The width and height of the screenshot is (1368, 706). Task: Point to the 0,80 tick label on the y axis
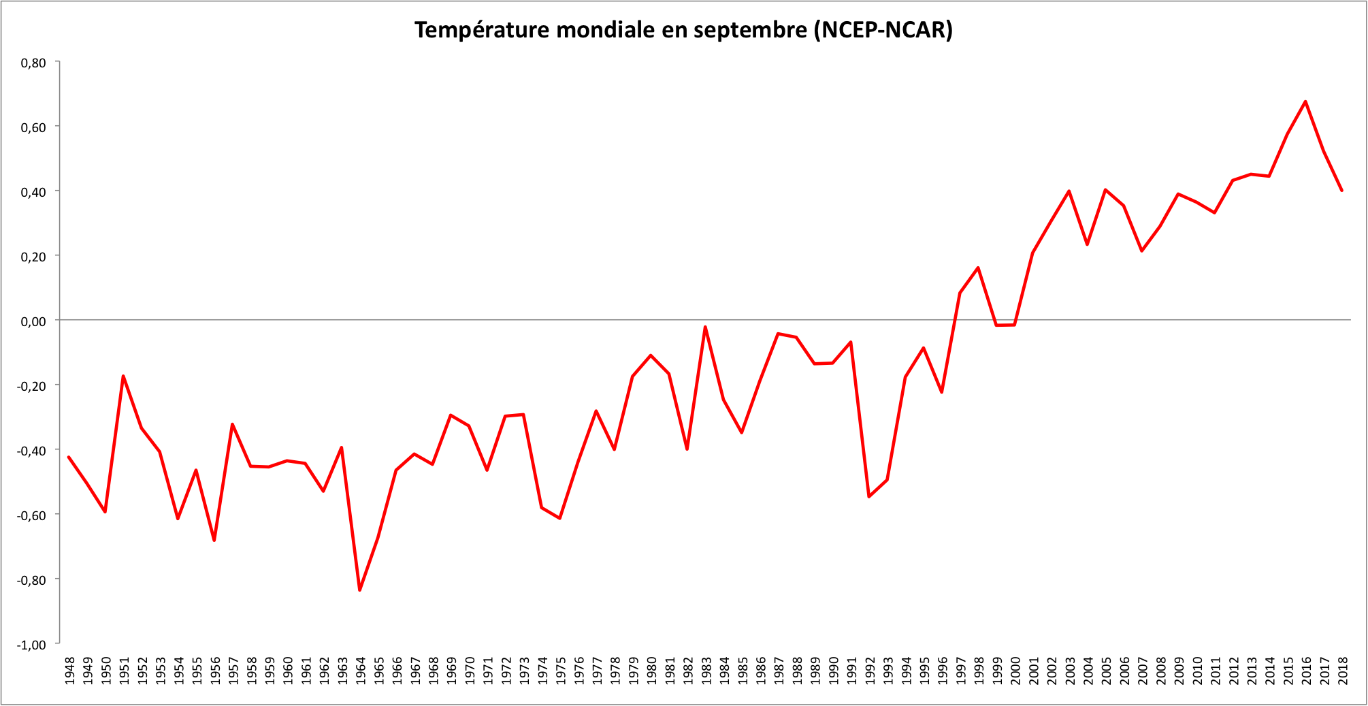(33, 63)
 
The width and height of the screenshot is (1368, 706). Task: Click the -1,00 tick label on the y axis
(32, 644)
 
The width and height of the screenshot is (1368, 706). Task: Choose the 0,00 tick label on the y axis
(33, 321)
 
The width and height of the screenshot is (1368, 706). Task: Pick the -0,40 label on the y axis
(32, 451)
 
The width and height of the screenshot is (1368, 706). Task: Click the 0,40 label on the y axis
(33, 192)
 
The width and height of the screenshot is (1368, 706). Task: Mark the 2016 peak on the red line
(1305, 101)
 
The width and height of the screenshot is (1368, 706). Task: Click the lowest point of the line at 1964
(359, 590)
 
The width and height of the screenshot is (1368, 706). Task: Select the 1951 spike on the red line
(123, 376)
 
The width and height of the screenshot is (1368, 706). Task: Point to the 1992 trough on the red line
(868, 496)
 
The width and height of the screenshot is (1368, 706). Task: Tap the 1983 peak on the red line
(705, 327)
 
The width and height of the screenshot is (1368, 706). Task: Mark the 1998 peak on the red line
(978, 268)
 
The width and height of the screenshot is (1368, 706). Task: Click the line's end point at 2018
(1341, 191)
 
